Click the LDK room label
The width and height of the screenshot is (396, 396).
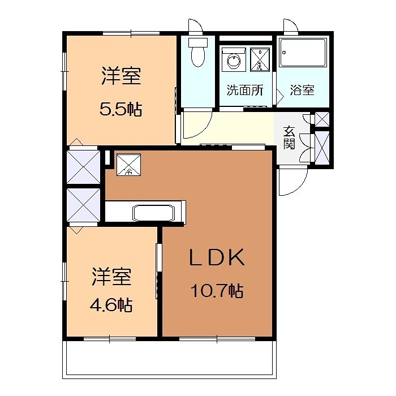217,258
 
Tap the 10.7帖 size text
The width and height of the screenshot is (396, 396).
217,292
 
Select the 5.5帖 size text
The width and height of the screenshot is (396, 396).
120,109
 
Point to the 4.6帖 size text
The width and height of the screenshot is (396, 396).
111,306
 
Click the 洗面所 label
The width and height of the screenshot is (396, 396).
244,91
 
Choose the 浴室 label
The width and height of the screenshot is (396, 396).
302,91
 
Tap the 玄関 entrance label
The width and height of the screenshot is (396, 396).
289,137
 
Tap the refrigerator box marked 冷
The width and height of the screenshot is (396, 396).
128,165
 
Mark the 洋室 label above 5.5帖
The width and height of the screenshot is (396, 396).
121,76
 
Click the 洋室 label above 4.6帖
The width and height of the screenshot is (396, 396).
112,277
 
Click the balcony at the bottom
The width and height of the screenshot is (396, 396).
170,359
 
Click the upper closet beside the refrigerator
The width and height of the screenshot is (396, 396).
83,165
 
